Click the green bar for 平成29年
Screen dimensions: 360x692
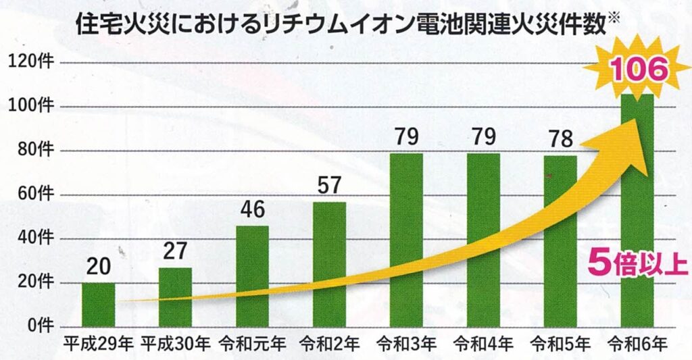[x=98, y=305]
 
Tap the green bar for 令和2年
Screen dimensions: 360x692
[x=329, y=263]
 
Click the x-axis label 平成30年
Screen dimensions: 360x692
[x=175, y=344]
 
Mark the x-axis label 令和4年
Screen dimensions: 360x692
[x=483, y=344]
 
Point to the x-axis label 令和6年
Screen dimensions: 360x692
[x=637, y=344]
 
